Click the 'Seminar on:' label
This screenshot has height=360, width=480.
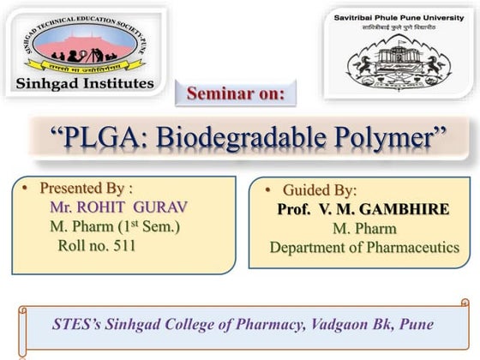236,94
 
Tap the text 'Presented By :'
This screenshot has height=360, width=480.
87,187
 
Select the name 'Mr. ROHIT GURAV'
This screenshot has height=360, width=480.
118,207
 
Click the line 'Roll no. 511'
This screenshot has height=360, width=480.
95,246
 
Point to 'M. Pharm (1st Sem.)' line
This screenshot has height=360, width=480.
114,226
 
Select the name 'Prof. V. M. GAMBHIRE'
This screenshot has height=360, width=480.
363,209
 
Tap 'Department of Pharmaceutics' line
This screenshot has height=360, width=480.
364,248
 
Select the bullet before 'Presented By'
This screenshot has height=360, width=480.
27,187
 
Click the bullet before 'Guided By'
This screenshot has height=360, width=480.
268,189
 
